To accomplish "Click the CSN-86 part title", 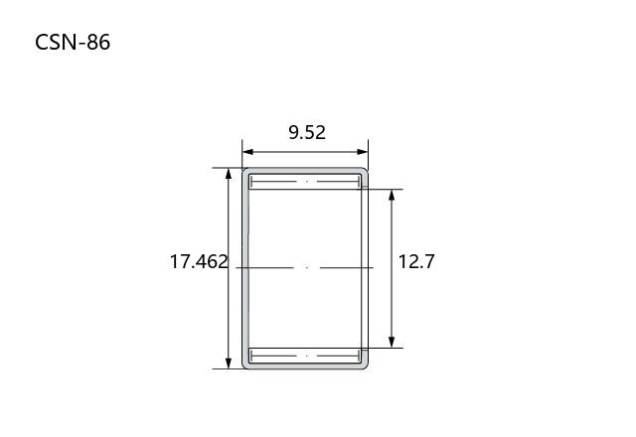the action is (x=73, y=42).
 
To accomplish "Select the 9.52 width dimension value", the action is (x=307, y=132).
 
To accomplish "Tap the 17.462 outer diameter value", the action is (x=199, y=261).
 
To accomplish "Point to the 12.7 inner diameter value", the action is (x=416, y=261).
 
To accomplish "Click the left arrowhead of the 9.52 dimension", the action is (x=247, y=152).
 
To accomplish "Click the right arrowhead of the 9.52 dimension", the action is (x=363, y=152).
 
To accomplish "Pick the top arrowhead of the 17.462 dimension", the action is (x=229, y=173).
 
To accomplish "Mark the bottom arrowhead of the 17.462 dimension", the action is (x=229, y=364).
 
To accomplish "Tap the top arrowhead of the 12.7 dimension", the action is (x=392, y=195).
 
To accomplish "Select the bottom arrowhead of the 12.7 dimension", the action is (x=392, y=342).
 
